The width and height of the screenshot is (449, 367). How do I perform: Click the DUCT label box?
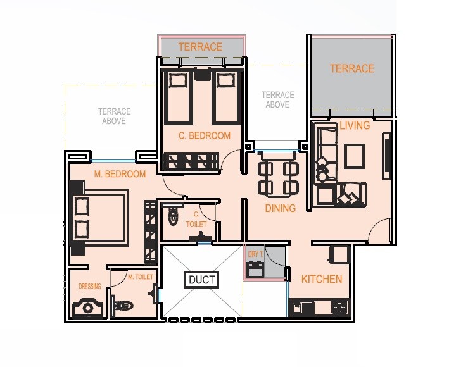[x=202, y=280]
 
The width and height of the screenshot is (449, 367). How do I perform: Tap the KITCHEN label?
[x=321, y=279]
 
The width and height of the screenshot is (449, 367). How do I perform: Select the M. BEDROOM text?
[x=120, y=174]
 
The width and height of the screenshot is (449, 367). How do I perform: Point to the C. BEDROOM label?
[x=204, y=135]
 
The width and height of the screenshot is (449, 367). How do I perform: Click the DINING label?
[x=280, y=208]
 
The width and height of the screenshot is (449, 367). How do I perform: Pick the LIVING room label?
[x=355, y=125]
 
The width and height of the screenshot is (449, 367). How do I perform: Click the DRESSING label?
[x=89, y=286]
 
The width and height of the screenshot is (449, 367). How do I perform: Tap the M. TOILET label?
[x=140, y=277]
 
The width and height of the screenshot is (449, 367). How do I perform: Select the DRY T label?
[x=255, y=254]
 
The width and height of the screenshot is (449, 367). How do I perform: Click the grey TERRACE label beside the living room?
[x=351, y=68]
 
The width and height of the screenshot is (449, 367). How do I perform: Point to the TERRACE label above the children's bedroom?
[x=200, y=47]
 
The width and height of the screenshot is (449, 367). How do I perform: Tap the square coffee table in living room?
[x=354, y=154]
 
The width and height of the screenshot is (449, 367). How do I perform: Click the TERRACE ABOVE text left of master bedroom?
[x=114, y=116]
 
